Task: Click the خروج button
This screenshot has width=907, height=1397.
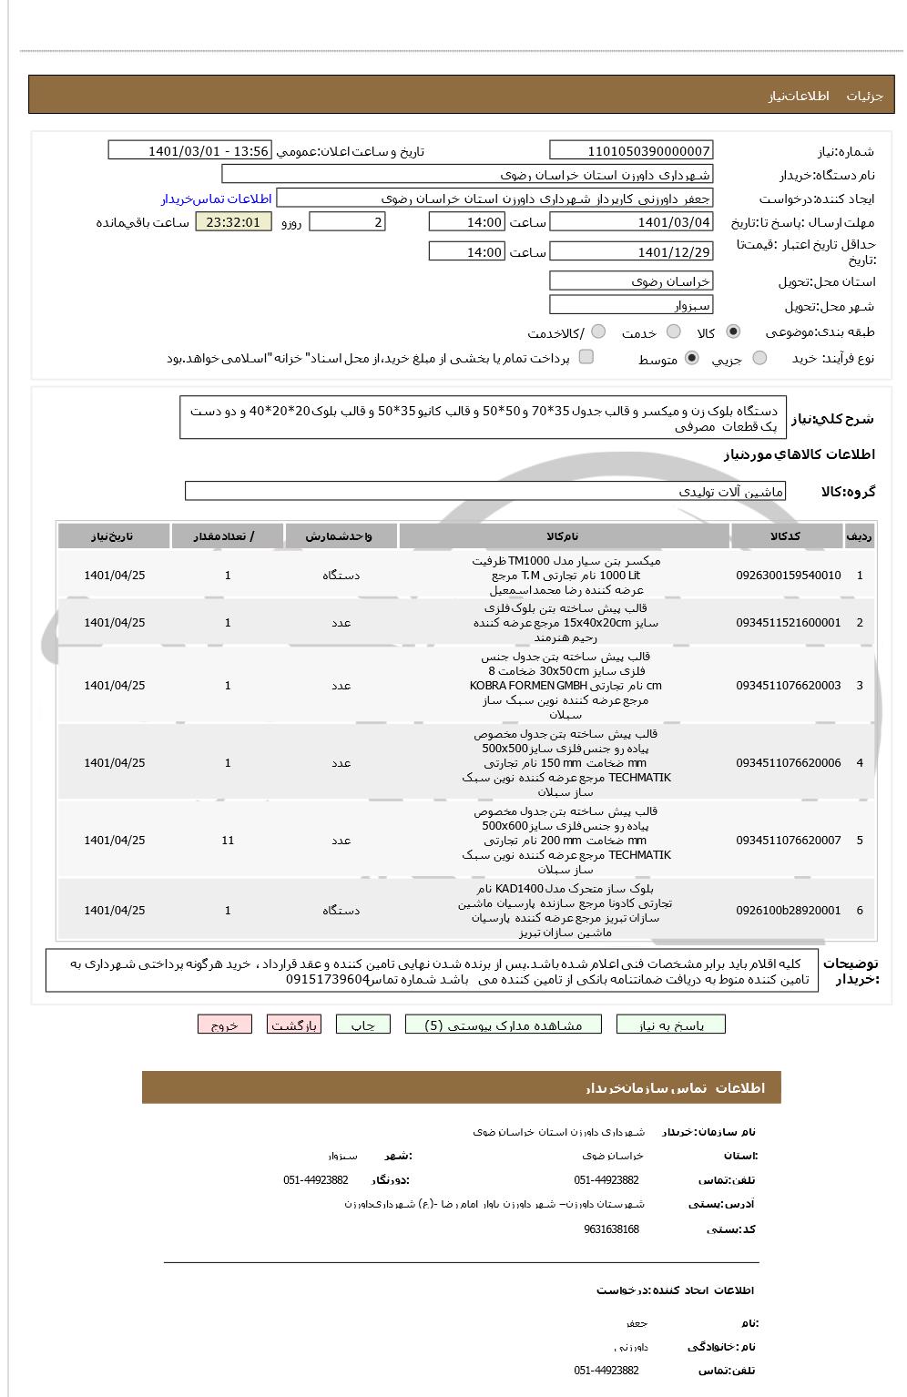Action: (224, 1025)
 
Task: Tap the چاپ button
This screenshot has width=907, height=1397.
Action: (362, 1025)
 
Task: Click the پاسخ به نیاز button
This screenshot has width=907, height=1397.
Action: (671, 1025)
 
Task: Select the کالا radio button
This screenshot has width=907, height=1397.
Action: (734, 332)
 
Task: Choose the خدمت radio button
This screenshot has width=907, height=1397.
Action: (674, 332)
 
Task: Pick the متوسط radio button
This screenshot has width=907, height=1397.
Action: (692, 359)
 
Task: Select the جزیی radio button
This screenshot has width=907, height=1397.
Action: (759, 359)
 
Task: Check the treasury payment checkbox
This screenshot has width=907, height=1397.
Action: (586, 357)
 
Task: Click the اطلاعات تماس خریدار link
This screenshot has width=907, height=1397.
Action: (217, 199)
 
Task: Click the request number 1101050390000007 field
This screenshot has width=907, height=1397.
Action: (631, 151)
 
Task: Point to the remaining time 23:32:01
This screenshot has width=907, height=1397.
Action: (233, 222)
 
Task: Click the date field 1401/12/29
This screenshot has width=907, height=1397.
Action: (631, 252)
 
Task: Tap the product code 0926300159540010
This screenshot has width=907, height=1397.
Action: (789, 576)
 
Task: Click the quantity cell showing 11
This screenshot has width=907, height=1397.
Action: (228, 841)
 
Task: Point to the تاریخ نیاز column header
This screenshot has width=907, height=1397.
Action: (114, 536)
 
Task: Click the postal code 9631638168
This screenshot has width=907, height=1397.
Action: (611, 1229)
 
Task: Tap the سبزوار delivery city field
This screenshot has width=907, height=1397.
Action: (631, 306)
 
